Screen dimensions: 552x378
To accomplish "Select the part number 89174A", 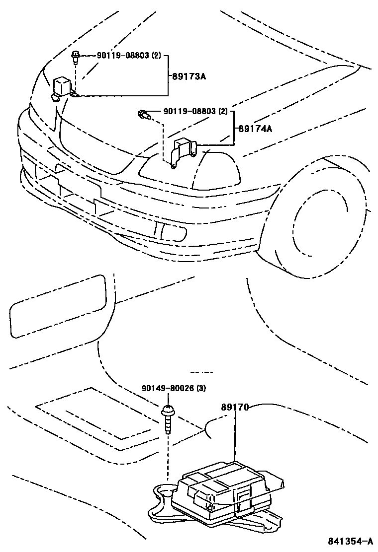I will [x=256, y=129].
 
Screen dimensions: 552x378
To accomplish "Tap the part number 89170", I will [x=235, y=407].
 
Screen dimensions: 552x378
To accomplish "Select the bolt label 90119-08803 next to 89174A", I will [x=189, y=112].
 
